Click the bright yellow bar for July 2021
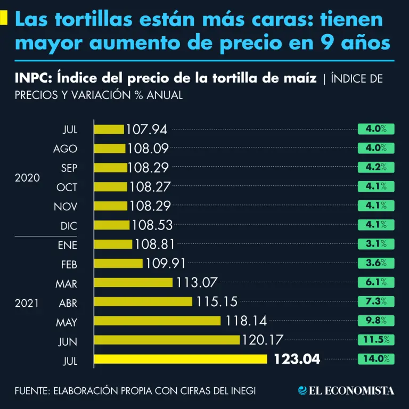(x=181, y=359)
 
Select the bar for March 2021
(x=133, y=282)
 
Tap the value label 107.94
(x=146, y=129)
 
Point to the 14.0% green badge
(x=376, y=359)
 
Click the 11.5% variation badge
(x=376, y=340)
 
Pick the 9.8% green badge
(x=376, y=321)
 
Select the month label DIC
(x=69, y=226)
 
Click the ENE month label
(x=67, y=245)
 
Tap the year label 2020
(x=27, y=178)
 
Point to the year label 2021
(x=27, y=303)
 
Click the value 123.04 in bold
(x=297, y=359)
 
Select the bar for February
(x=118, y=263)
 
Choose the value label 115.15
(x=217, y=301)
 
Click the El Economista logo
(x=347, y=390)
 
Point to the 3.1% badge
(x=376, y=244)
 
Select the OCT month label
(x=67, y=187)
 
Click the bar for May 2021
(x=157, y=321)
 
